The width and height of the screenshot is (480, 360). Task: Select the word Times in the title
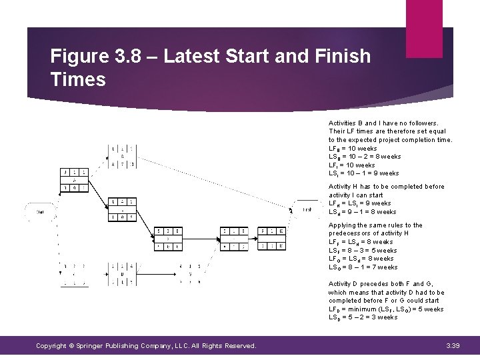pyautogui.click(x=78, y=80)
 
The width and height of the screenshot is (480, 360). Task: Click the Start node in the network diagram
pyautogui.click(x=41, y=212)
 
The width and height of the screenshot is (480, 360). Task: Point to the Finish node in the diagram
pyautogui.click(x=307, y=209)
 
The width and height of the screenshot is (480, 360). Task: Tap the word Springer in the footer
pyautogui.click(x=101, y=345)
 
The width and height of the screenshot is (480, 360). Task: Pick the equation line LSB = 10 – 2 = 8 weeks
pyautogui.click(x=365, y=157)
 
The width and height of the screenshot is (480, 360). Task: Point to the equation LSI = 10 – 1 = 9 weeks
pyautogui.click(x=364, y=173)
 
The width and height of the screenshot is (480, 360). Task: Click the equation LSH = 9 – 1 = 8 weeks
pyautogui.click(x=363, y=212)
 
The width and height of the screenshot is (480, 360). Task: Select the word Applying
pyautogui.click(x=343, y=225)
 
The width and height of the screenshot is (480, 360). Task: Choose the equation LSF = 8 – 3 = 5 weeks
pyautogui.click(x=363, y=251)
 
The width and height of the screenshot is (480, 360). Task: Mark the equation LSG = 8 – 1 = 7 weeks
pyautogui.click(x=363, y=267)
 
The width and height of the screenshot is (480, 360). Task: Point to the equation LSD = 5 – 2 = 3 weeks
pyautogui.click(x=363, y=317)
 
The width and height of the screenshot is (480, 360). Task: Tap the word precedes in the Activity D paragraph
pyautogui.click(x=373, y=284)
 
